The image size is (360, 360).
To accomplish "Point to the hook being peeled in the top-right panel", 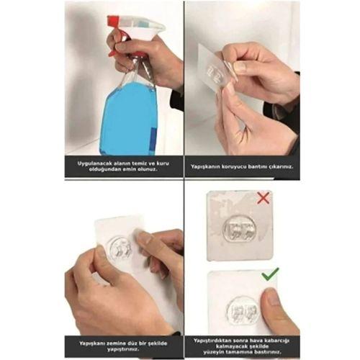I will tap(214, 73).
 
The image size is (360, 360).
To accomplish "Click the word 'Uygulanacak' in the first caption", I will tap(97, 163).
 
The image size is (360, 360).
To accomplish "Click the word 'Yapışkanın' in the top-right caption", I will tap(207, 166).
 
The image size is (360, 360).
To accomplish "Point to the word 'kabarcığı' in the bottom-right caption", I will tap(274, 339).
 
